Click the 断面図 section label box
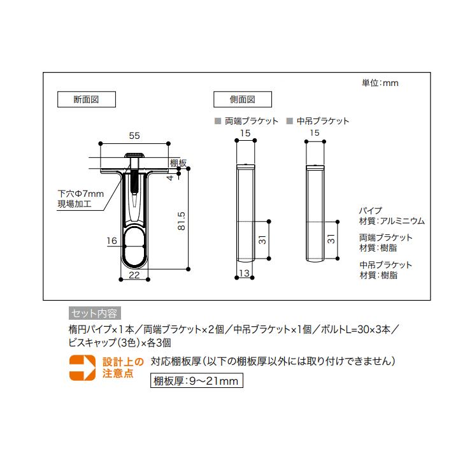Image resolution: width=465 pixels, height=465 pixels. [x=85, y=99]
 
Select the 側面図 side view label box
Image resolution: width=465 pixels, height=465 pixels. [x=242, y=99]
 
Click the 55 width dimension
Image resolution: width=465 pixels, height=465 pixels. [x=134, y=135]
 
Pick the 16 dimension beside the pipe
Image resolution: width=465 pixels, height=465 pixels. [x=112, y=241]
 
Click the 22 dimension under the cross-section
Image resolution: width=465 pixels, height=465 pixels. [x=134, y=275]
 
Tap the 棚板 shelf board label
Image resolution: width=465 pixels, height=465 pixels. [x=178, y=163]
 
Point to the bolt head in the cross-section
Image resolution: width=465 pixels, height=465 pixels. [x=134, y=156]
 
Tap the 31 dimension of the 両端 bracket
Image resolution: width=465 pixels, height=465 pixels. [x=262, y=240]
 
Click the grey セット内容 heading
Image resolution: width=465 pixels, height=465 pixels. [x=93, y=313]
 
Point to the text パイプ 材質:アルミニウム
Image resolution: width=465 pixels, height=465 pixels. [x=391, y=216]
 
